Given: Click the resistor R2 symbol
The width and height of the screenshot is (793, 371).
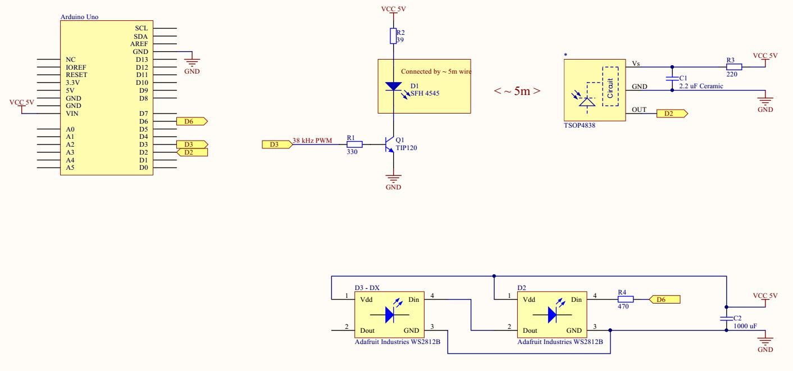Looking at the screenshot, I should point(394,37).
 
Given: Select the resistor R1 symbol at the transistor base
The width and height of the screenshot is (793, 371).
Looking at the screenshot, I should point(354,144).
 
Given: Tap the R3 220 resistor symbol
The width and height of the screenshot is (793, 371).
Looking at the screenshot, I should point(733,67).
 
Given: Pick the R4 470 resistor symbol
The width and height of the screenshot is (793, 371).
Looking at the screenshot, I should point(622,300).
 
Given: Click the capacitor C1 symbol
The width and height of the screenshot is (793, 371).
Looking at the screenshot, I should point(672,78).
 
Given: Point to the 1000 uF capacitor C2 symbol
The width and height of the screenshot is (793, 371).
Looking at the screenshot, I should point(726,318).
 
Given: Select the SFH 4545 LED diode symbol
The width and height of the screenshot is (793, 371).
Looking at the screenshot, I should point(393,87).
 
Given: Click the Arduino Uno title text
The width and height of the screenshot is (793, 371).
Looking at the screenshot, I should point(79,17).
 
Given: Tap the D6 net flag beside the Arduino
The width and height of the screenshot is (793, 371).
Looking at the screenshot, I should point(192,121).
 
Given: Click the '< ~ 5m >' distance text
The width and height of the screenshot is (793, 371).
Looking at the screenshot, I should point(517,91).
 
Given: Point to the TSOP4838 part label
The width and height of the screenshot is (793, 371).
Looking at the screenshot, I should point(579,126).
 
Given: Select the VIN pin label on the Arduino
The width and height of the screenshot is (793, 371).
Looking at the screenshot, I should point(71,114).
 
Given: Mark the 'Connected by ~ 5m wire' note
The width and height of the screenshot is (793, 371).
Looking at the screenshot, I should point(435,71).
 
